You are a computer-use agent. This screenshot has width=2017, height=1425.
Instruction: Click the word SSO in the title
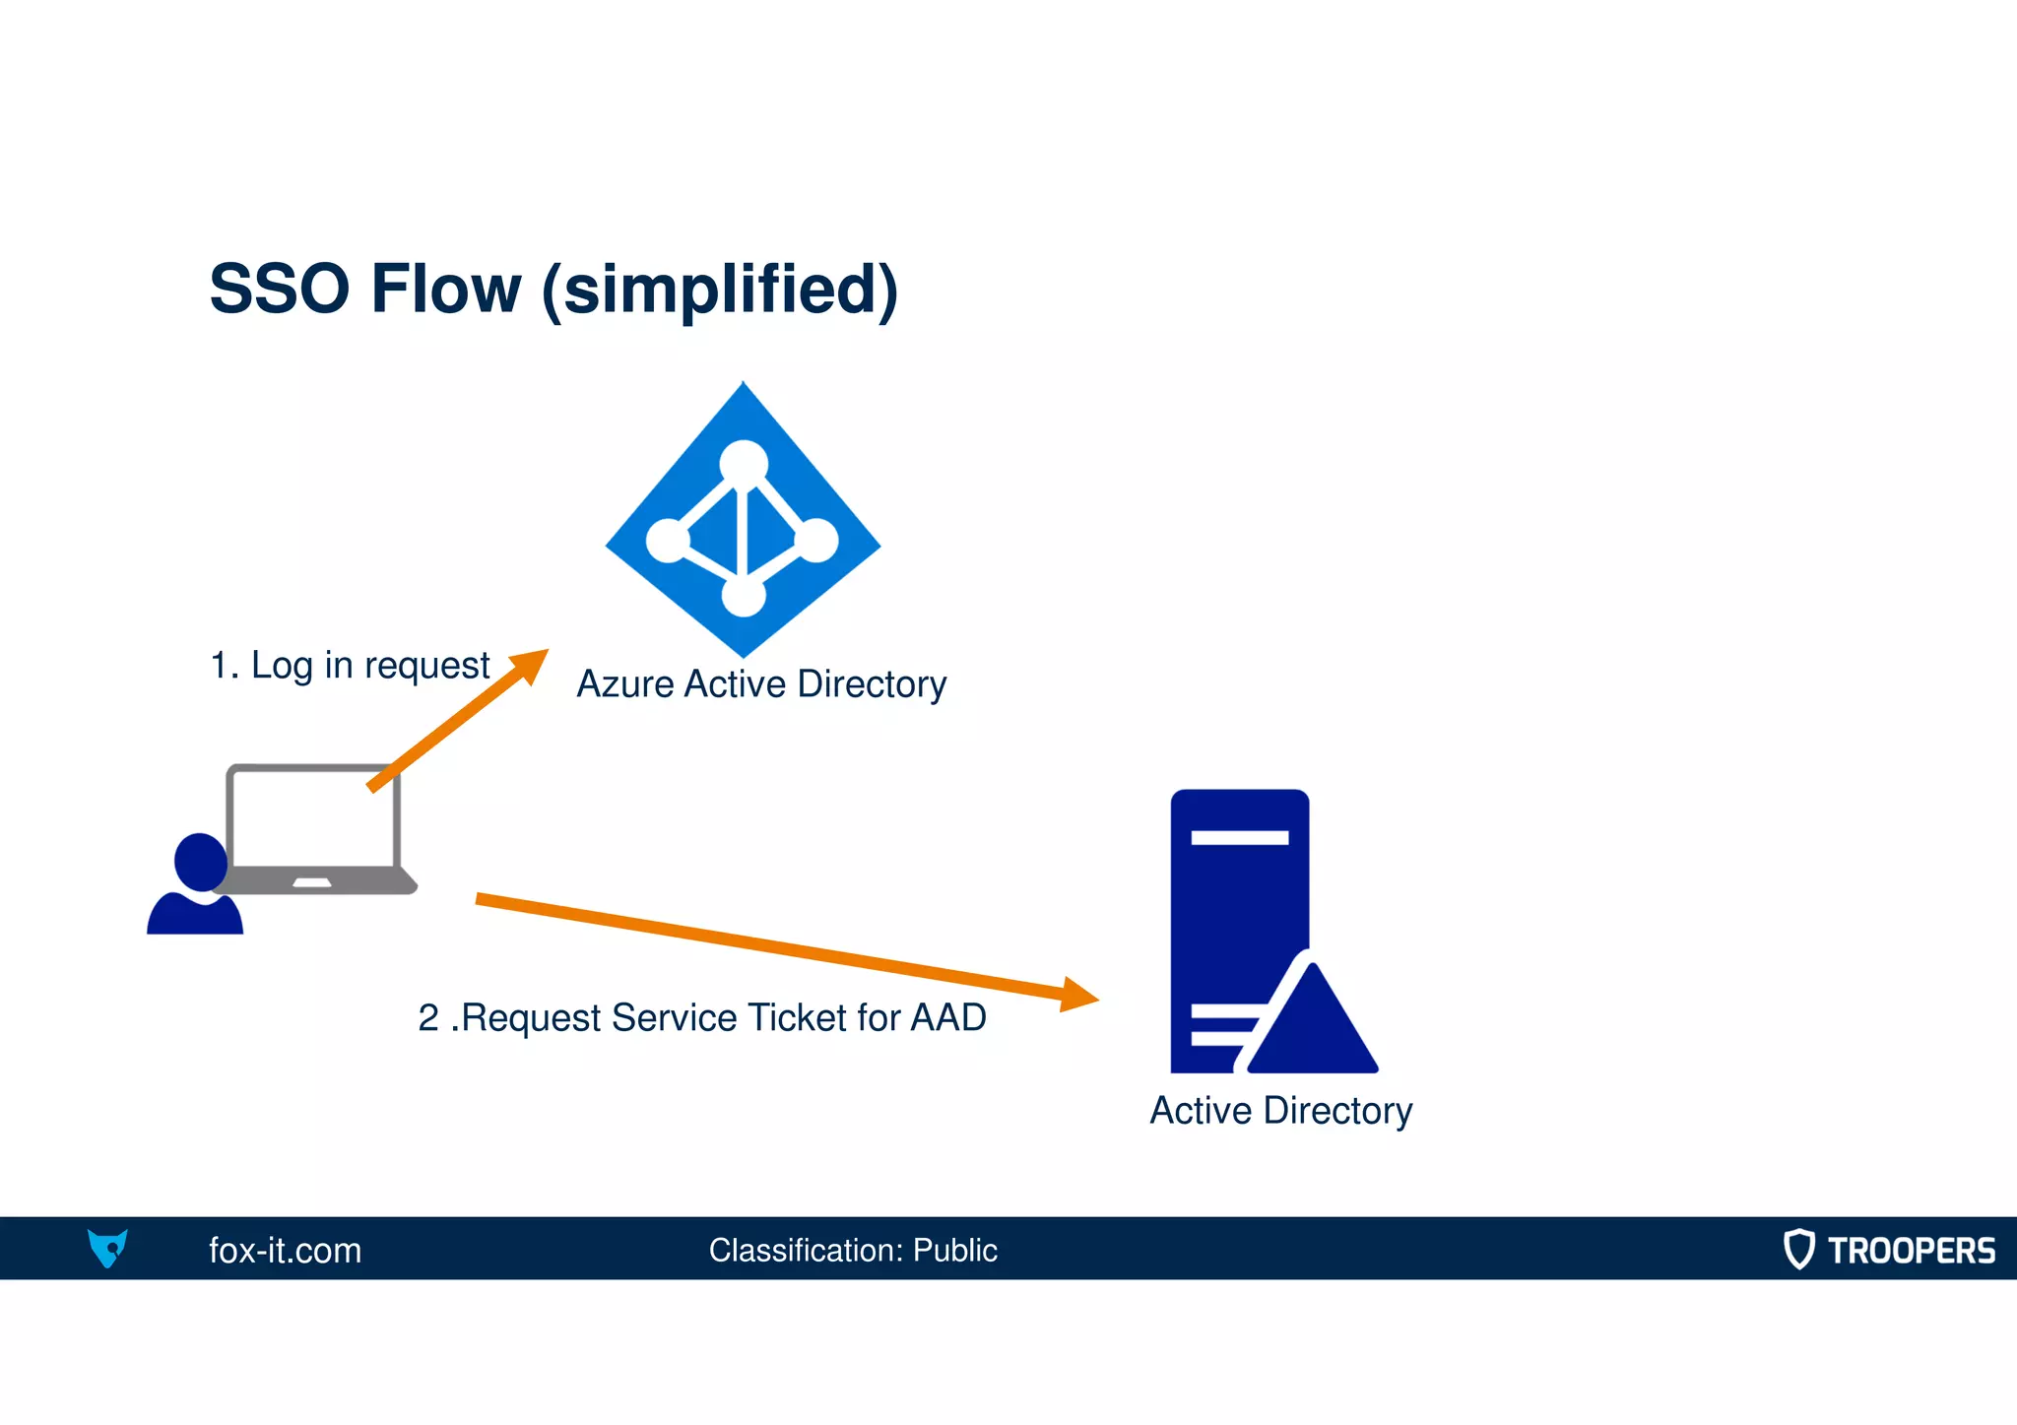coord(279,289)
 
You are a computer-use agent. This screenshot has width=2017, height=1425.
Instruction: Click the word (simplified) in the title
coord(720,290)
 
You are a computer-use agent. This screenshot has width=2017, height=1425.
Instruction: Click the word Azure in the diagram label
coord(625,683)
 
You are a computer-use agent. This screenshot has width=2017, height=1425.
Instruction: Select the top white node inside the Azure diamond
coord(744,463)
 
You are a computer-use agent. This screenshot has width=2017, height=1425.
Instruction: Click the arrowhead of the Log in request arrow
coord(533,664)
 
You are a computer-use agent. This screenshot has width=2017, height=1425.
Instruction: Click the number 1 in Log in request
coord(219,666)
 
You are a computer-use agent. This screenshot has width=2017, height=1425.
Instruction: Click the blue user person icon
coord(196,886)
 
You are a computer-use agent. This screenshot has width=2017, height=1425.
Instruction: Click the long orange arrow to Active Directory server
coord(768,945)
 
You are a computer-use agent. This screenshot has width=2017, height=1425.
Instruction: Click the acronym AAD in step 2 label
coord(947,1017)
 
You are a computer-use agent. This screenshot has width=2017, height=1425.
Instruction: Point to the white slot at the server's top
coord(1239,837)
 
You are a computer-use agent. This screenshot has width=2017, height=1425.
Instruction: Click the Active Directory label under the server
coord(1280,1111)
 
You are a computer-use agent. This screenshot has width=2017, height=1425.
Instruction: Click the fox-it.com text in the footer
coord(285,1250)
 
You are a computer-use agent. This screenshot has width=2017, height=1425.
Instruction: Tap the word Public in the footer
coord(954,1250)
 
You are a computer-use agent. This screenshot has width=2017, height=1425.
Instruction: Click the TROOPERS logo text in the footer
coord(1911,1250)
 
